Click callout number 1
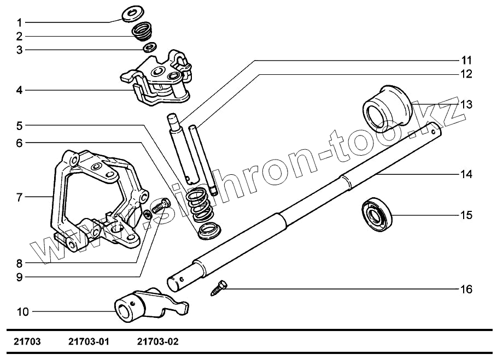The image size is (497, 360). click(19, 23)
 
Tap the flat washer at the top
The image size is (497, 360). click(131, 13)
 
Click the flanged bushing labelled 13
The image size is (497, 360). click(386, 106)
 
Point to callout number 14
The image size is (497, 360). click(466, 175)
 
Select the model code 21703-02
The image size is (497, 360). click(157, 342)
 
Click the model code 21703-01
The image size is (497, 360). click(89, 342)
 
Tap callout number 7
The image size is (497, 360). click(19, 197)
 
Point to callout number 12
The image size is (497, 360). click(466, 74)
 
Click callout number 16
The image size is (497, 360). click(466, 288)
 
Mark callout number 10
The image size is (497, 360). click(22, 312)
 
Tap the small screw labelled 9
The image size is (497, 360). click(160, 208)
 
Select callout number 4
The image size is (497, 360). click(19, 90)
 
